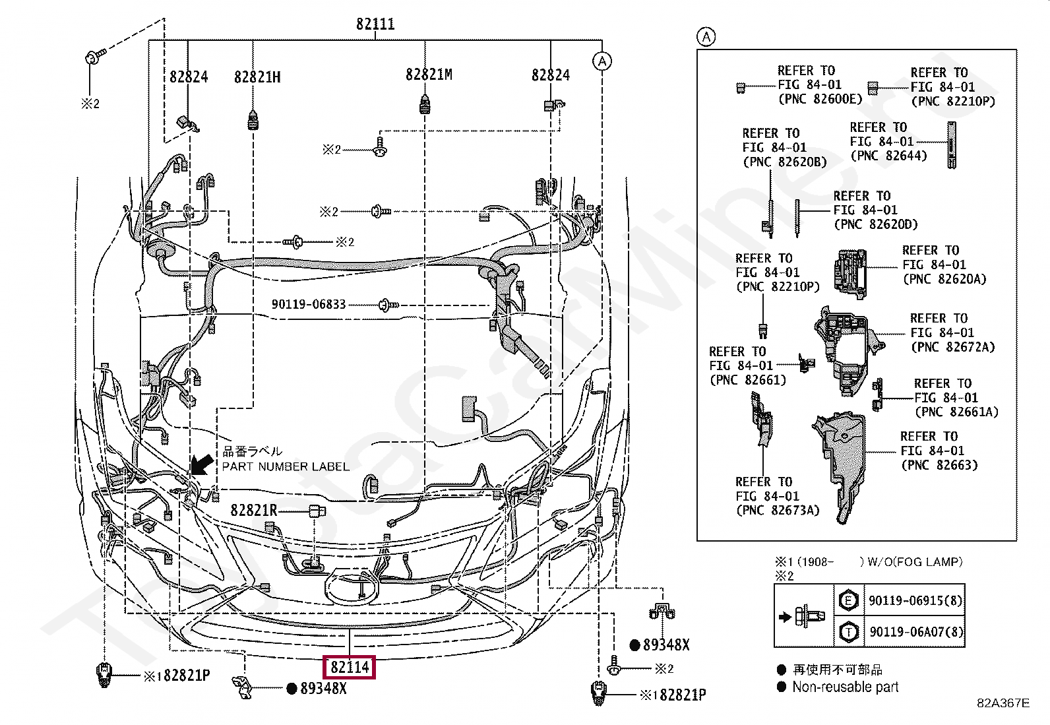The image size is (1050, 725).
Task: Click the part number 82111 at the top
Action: coord(375,24)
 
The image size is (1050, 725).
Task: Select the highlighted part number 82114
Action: coord(350,667)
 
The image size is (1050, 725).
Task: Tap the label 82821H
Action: coord(257,77)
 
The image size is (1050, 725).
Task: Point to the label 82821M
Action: coord(429,75)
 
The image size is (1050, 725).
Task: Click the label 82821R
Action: coord(254,510)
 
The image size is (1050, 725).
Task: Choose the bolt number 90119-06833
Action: coord(309,304)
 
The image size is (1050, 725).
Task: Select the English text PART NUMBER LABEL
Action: coord(286,466)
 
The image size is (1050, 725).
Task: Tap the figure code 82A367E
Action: coord(1003,703)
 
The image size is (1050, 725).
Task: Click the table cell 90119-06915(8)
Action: coord(915,601)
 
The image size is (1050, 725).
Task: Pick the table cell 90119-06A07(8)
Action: coord(916,632)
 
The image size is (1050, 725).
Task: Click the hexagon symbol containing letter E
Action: coord(848,600)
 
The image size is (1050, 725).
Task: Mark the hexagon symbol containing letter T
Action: coord(848,632)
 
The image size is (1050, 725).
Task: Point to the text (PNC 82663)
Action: coord(939,465)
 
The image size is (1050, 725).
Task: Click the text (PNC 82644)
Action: coord(889,156)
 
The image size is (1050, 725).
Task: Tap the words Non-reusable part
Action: coord(845,687)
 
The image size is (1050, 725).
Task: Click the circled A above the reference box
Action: coord(706,36)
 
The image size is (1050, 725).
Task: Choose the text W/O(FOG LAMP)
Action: coord(915,562)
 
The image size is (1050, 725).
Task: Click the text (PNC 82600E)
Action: coord(820,99)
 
